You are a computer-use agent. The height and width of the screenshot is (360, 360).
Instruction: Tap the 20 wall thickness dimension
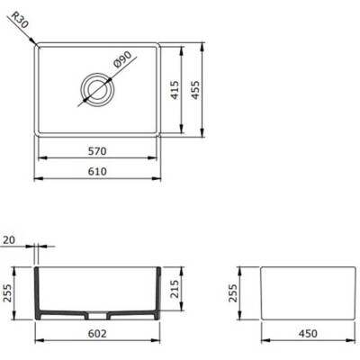coord(10,240)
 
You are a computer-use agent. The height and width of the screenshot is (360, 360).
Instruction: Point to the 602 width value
coord(98,334)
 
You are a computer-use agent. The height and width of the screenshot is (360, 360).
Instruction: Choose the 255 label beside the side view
coord(235,292)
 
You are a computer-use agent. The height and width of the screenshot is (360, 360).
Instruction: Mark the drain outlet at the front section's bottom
coord(97,318)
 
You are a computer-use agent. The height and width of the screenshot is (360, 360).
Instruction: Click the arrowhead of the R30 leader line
coord(35,40)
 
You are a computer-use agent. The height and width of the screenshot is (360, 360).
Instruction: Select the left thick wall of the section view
coord(39,292)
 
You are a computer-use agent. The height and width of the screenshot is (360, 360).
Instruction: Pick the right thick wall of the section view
coord(158,292)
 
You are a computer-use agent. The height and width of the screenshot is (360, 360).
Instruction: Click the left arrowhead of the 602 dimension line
coord(38,341)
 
